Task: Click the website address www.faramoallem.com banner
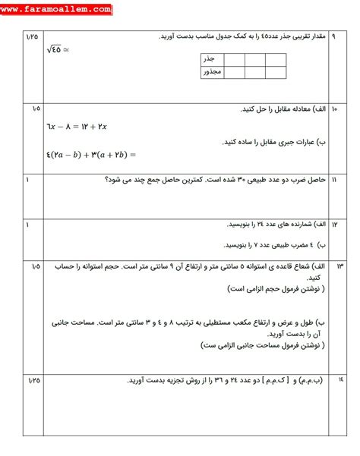tap(57, 10)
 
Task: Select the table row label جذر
tap(210, 58)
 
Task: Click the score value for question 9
tap(31, 36)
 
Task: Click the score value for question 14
tap(31, 379)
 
